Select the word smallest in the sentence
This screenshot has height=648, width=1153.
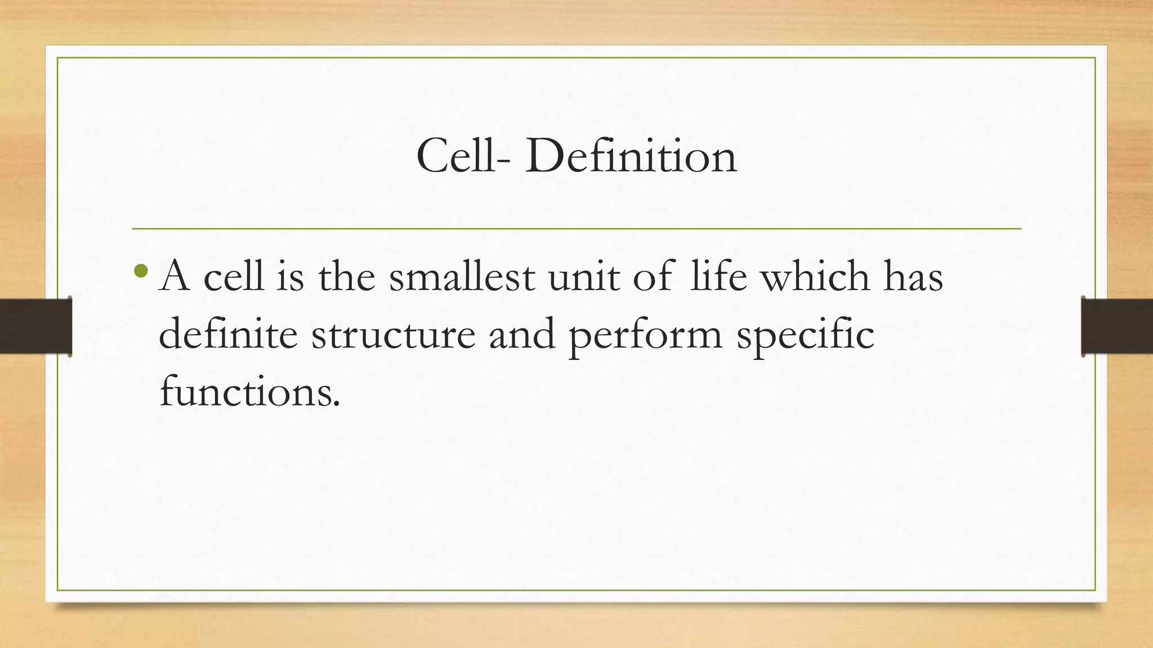pos(462,277)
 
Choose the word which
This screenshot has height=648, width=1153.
pos(815,277)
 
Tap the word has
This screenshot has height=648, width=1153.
pos(913,277)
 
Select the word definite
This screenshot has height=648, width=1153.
pos(228,334)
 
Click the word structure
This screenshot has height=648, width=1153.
pos(393,335)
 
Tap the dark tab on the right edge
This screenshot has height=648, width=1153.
pos(1117,326)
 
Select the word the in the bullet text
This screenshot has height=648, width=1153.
pos(347,277)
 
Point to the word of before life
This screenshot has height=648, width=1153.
pos(653,277)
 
